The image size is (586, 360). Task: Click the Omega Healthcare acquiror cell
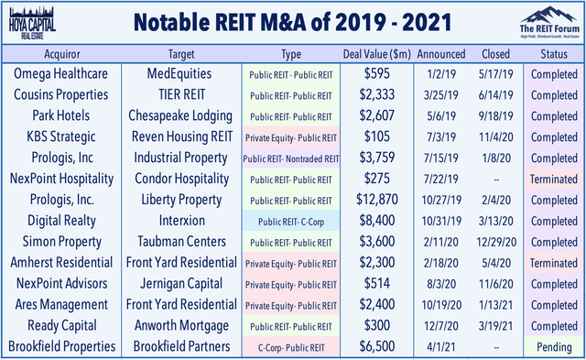[62, 73]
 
